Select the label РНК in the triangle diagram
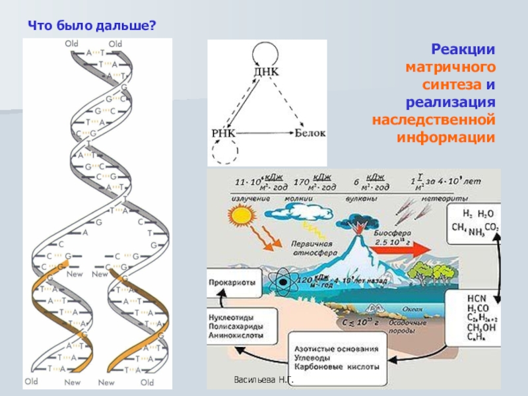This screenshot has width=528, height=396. coord(224,133)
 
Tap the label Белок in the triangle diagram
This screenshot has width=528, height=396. coord(310,133)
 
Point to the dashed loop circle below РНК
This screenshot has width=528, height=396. coord(224,153)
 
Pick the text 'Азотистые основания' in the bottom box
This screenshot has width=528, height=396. coord(337,348)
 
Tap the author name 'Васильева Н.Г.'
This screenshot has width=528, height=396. coord(263,381)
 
